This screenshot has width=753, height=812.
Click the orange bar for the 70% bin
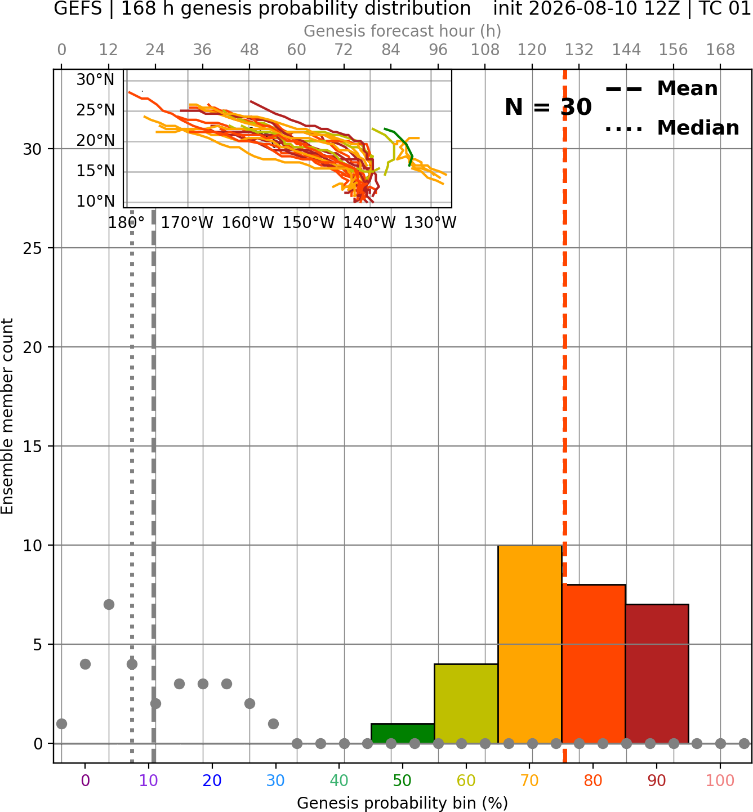pos(529,644)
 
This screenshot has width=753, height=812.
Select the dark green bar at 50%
pos(403,734)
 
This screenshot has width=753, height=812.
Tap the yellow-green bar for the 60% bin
pos(466,704)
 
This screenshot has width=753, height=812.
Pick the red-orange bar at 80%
pos(594,664)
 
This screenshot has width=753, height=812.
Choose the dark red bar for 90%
pos(657,674)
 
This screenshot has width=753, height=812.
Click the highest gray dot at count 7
pos(109,604)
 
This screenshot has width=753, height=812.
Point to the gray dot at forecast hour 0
pos(62,724)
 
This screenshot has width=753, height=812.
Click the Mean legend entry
pos(661,89)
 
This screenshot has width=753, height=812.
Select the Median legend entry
pos(672,128)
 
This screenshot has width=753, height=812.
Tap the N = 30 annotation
pos(548,107)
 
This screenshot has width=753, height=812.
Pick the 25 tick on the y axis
pos(33,248)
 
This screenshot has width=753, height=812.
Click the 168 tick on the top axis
pos(720,50)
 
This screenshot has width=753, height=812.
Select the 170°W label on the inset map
pos(187,223)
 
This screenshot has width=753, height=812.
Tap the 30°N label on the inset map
pos(95,80)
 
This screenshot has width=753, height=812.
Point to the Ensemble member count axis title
pos(7,416)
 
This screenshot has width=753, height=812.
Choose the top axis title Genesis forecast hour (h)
pos(403,31)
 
